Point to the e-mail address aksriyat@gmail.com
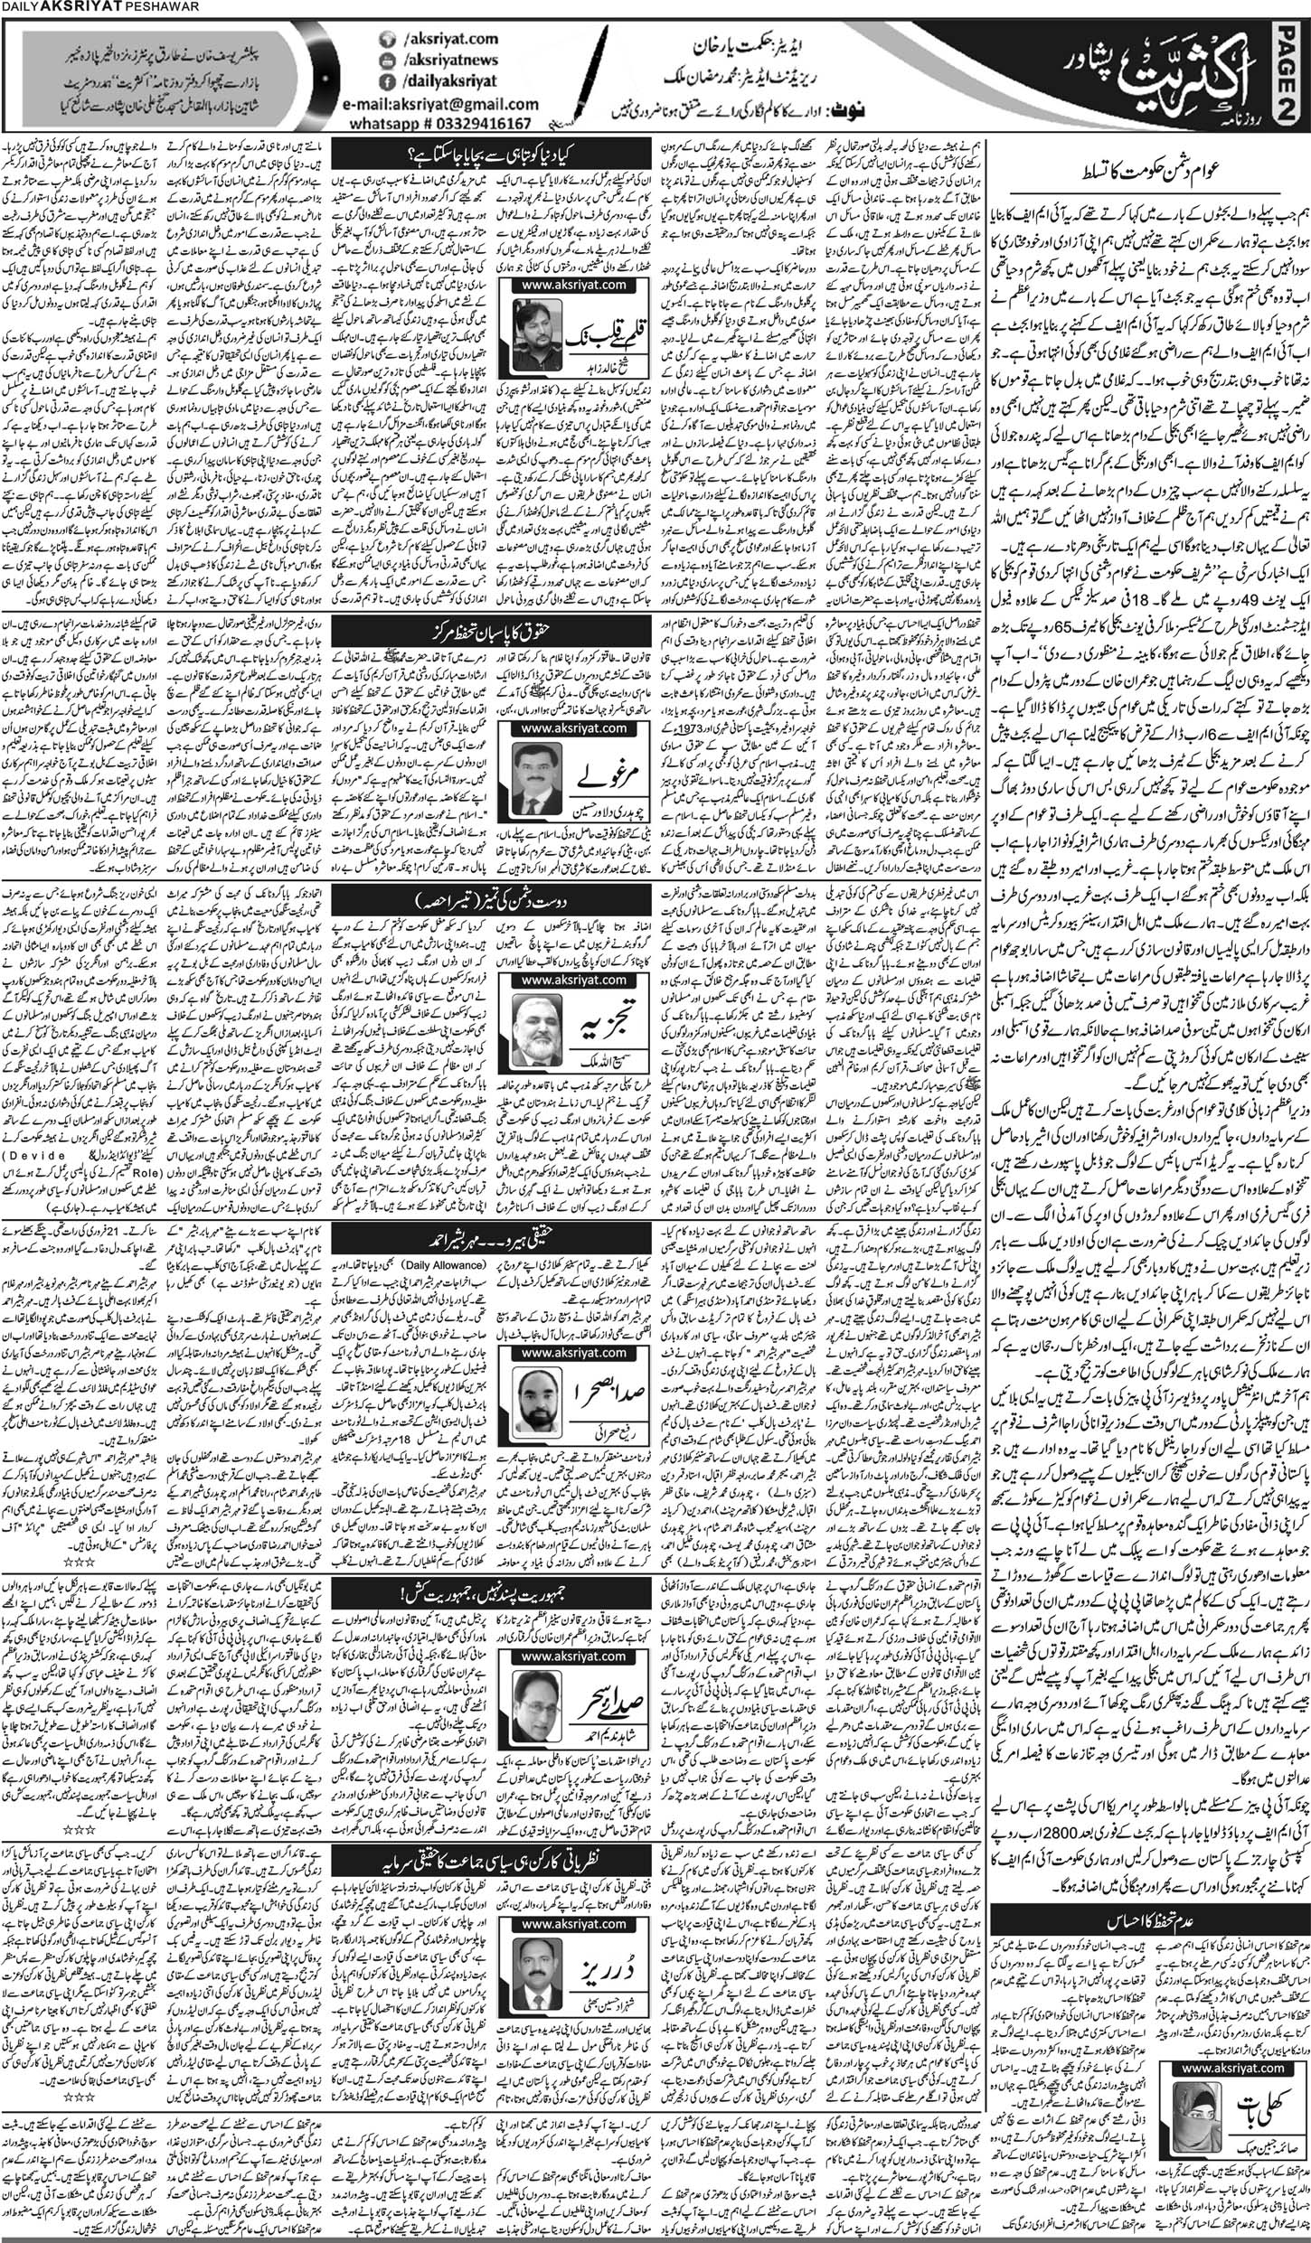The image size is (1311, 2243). pyautogui.click(x=439, y=102)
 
